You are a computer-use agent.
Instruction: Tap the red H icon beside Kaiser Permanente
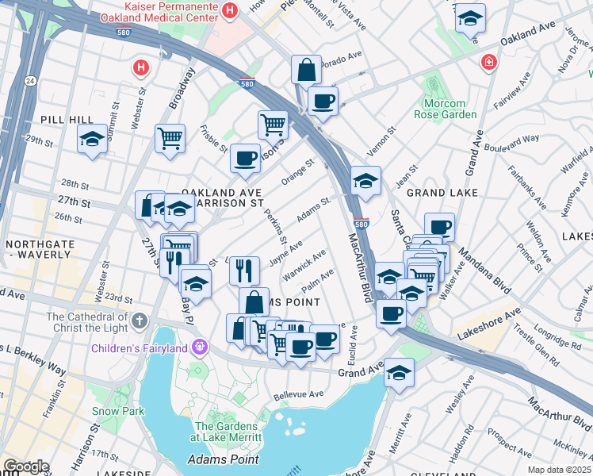click(x=230, y=10)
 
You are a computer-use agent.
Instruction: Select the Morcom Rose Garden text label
click(x=449, y=109)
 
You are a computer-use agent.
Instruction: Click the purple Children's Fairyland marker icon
click(x=198, y=347)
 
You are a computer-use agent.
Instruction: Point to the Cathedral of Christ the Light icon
click(x=140, y=321)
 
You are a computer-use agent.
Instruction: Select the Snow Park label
click(x=118, y=411)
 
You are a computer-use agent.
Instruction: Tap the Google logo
click(x=26, y=466)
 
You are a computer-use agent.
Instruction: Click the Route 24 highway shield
click(x=29, y=80)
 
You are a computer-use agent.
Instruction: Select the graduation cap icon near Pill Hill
click(x=93, y=140)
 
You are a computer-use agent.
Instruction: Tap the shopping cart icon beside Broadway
click(x=170, y=139)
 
